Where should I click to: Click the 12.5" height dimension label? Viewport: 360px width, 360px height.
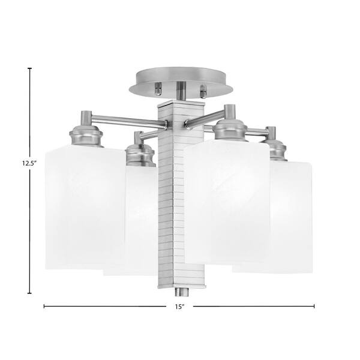(29, 163)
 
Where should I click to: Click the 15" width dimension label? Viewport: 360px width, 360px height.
(180, 307)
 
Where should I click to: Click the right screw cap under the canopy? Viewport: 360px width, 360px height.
(203, 91)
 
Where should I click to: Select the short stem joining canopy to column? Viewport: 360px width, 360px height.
(181, 91)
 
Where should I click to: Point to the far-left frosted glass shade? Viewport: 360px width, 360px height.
(85, 207)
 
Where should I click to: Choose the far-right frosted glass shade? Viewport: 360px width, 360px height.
(290, 217)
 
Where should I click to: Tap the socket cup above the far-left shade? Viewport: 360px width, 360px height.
(86, 136)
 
